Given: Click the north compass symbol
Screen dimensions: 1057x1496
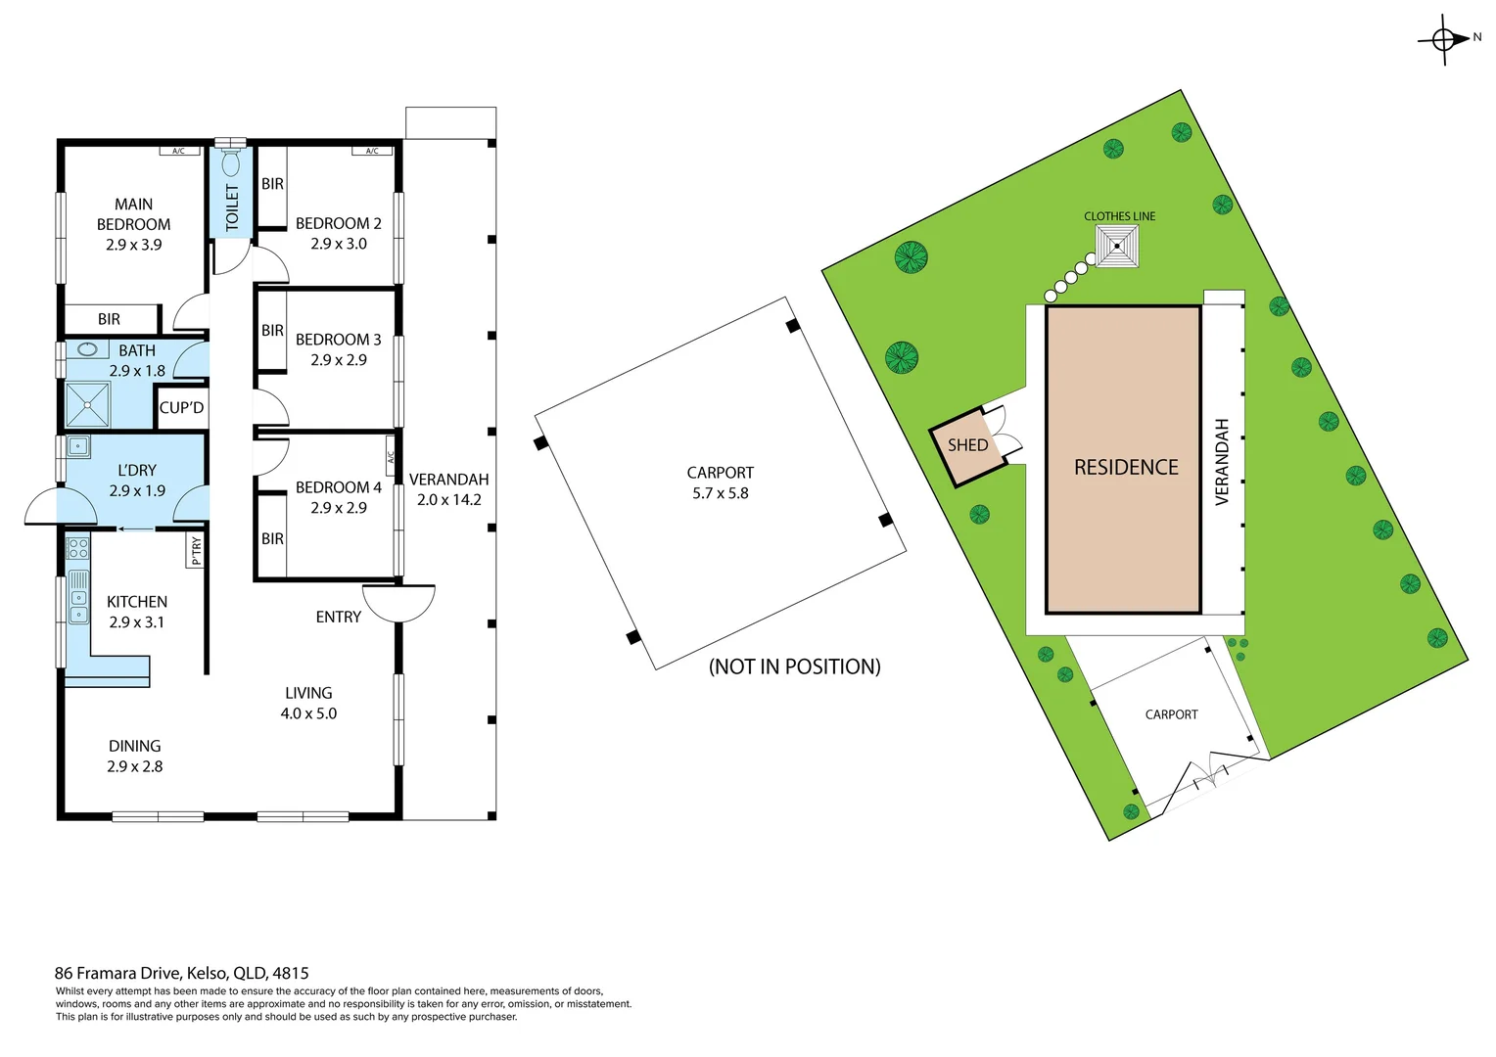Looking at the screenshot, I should click(1444, 39).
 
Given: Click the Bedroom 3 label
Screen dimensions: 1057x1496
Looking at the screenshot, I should click(338, 340).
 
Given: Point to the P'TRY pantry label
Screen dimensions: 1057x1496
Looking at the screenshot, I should click(196, 551).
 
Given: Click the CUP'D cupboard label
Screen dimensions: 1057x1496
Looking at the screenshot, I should click(181, 407).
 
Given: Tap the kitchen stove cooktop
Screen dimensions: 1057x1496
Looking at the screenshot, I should click(77, 548).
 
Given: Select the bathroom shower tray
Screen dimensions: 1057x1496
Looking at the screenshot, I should click(88, 404).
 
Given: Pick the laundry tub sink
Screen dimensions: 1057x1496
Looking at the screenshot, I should click(78, 447).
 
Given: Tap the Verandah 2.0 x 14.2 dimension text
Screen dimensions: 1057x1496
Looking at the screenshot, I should click(448, 500).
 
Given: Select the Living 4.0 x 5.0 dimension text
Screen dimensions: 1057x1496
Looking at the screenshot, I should click(308, 714).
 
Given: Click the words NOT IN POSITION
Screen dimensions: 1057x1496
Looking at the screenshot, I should click(794, 666).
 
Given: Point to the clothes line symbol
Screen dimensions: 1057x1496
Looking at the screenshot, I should click(1117, 246).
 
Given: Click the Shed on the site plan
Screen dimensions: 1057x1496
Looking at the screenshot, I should click(967, 445).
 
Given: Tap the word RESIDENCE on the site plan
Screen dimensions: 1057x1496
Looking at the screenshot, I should click(1126, 468).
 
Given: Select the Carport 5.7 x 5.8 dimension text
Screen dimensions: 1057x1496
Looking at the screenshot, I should click(720, 493).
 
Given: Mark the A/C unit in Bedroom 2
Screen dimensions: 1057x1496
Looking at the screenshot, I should click(372, 151).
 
